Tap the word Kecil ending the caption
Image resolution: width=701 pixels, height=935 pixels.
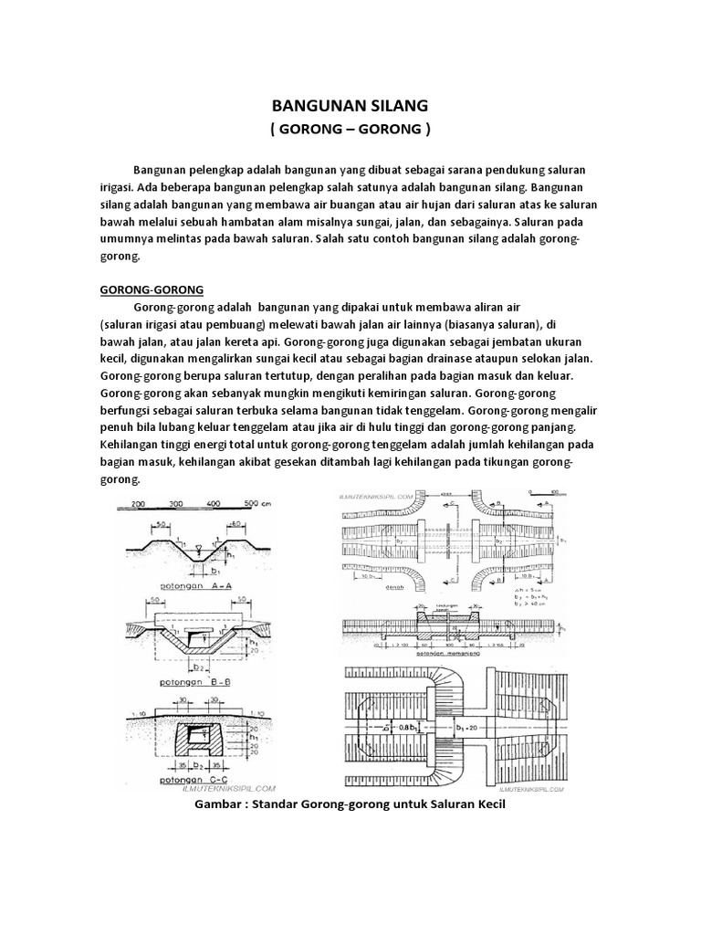486,806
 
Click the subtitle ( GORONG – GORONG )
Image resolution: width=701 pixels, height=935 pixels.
350,129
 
